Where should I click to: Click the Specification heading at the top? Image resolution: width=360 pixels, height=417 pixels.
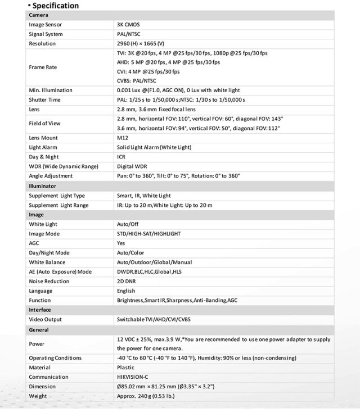(55, 6)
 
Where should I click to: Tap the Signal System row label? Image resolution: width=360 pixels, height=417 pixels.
(46, 34)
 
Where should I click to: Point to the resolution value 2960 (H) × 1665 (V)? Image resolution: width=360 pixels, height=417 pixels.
(141, 43)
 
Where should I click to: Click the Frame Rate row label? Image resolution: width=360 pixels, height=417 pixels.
(43, 67)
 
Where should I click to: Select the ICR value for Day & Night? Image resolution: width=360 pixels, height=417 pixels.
(121, 157)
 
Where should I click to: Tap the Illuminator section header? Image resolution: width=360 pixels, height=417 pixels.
(43, 185)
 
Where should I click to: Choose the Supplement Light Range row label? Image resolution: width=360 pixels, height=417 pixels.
(58, 205)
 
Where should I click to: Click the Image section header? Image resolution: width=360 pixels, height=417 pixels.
(37, 215)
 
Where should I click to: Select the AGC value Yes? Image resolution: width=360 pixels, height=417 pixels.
(121, 243)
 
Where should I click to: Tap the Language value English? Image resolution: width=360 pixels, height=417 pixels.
(126, 291)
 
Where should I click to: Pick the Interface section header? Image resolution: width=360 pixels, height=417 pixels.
(40, 310)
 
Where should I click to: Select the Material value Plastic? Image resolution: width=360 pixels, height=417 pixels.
(126, 368)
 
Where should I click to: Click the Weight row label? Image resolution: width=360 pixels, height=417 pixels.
(39, 396)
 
